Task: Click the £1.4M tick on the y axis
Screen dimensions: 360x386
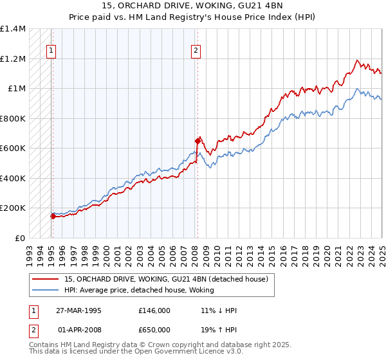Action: tap(13, 29)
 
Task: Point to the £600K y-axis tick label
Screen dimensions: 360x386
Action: tap(13, 148)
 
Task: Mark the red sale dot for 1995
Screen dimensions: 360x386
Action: tap(53, 217)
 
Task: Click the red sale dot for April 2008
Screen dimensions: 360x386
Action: tap(198, 141)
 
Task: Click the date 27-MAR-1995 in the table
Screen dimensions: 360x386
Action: tap(79, 310)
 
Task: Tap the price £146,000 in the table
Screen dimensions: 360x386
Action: tap(154, 310)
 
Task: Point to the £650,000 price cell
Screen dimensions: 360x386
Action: tap(154, 330)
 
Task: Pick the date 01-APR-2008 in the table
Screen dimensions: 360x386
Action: tap(78, 330)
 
